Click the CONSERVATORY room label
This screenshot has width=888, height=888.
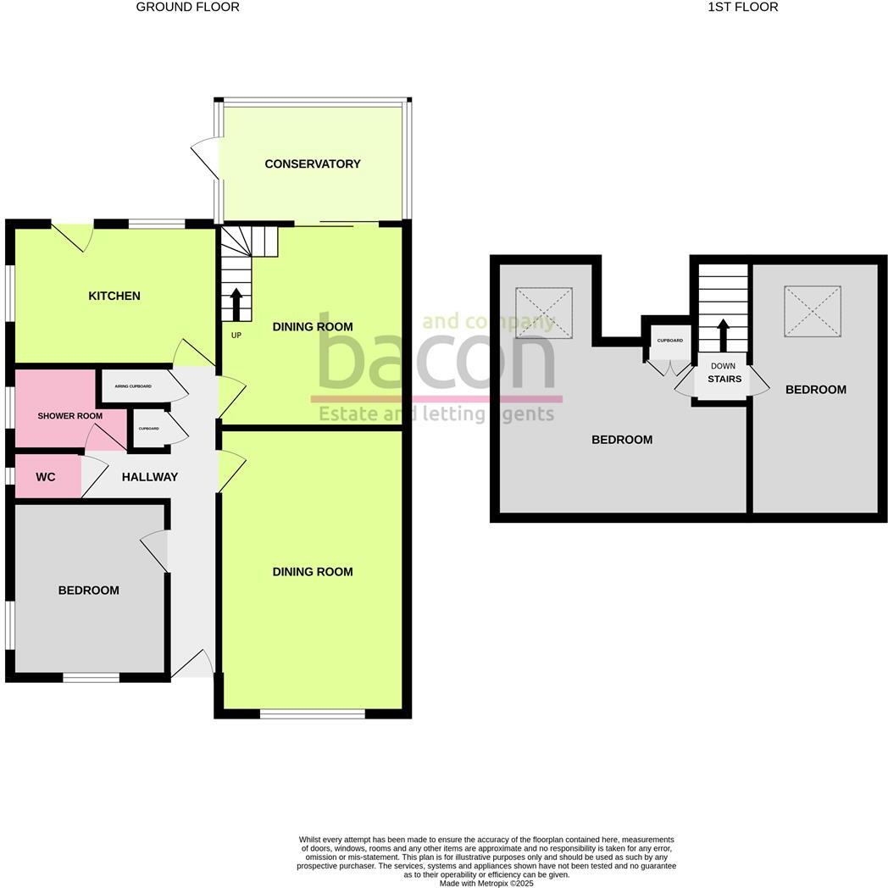313,164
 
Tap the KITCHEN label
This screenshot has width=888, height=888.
114,296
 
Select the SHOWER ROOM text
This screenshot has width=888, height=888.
69,416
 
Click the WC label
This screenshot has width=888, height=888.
46,477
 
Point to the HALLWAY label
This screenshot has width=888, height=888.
150,477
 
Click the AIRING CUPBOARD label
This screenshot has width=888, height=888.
133,386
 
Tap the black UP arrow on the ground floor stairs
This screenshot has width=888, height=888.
236,304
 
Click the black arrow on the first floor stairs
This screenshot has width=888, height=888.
723,335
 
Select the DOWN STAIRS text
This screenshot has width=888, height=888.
724,373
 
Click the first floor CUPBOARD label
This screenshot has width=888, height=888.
669,341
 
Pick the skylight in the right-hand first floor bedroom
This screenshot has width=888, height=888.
813,311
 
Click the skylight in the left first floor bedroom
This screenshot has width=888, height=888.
544,313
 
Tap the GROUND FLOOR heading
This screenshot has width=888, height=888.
188,7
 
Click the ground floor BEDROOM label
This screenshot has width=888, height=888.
88,590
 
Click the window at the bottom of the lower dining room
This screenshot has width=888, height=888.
312,714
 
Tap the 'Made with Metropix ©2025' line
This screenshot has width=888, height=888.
486,883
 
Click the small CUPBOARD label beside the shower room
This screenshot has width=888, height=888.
148,429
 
